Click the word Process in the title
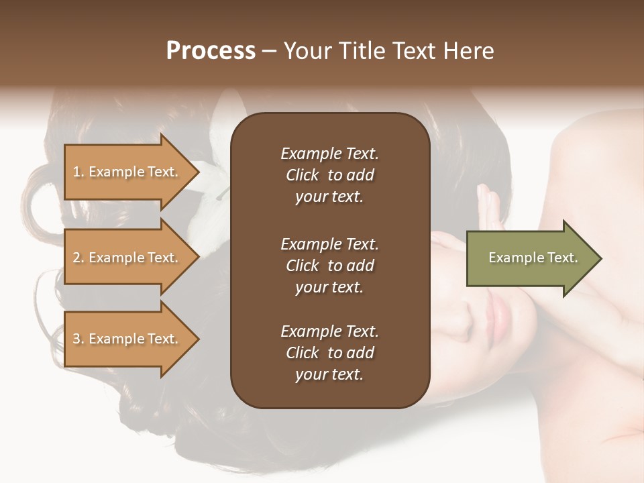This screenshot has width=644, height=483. click(x=211, y=51)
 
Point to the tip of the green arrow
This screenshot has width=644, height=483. click(x=600, y=258)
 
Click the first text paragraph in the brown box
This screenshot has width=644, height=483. click(x=329, y=175)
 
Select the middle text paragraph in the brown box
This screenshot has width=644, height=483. click(x=329, y=265)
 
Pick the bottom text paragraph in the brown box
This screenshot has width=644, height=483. click(x=329, y=353)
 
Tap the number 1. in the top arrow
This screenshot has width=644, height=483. click(x=78, y=172)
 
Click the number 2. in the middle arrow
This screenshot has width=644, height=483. click(x=78, y=258)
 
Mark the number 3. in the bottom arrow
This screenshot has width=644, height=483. click(x=78, y=339)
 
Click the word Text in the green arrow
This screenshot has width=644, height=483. click(x=562, y=258)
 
